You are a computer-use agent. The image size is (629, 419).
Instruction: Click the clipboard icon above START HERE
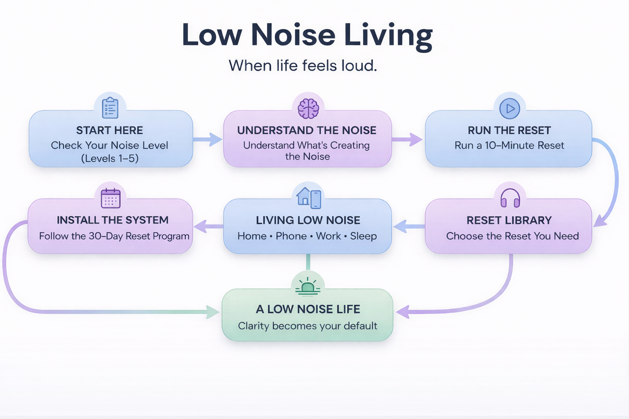(x=110, y=108)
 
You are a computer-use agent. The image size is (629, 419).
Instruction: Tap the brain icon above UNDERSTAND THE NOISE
(x=308, y=108)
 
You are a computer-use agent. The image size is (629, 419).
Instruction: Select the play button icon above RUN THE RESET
(x=509, y=108)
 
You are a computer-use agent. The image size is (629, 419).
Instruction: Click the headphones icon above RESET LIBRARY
(x=510, y=198)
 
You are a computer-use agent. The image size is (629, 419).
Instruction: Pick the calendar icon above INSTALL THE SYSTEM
(x=111, y=198)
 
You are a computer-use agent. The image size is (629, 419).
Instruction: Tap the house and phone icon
(x=309, y=198)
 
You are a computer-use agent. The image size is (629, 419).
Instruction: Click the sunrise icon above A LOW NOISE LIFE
(x=308, y=287)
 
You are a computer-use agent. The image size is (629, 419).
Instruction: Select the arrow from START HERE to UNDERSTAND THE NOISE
(x=208, y=139)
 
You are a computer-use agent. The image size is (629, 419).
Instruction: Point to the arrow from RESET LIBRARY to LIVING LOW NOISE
(x=408, y=226)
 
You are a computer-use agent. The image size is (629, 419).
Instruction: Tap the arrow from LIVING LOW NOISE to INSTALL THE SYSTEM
(x=208, y=226)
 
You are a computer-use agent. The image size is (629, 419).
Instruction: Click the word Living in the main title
(x=388, y=36)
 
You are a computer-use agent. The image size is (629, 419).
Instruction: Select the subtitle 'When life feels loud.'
(x=303, y=65)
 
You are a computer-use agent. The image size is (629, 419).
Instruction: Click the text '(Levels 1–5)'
(x=110, y=158)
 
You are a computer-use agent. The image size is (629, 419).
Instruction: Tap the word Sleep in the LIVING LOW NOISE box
(x=363, y=236)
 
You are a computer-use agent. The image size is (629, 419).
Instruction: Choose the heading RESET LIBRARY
(x=509, y=220)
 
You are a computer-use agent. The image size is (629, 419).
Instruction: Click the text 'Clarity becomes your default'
(x=308, y=326)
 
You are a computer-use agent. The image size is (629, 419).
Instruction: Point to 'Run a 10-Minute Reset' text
(x=509, y=145)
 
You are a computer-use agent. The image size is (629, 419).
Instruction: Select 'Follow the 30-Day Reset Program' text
(x=114, y=236)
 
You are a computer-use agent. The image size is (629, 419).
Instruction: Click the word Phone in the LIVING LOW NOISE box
(x=291, y=236)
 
